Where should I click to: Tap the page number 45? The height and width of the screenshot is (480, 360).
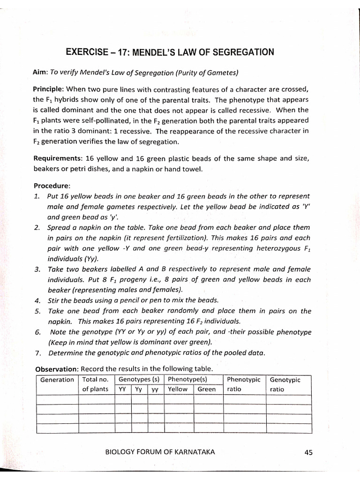pyautogui.click(x=308, y=452)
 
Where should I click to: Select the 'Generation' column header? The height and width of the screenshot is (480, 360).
pyautogui.click(x=57, y=380)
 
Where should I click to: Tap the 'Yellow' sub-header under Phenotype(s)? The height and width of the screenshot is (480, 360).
pyautogui.click(x=178, y=389)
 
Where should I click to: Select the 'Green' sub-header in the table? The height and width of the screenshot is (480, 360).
pyautogui.click(x=207, y=389)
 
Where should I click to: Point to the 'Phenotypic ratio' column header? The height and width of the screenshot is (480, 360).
pyautogui.click(x=243, y=384)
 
